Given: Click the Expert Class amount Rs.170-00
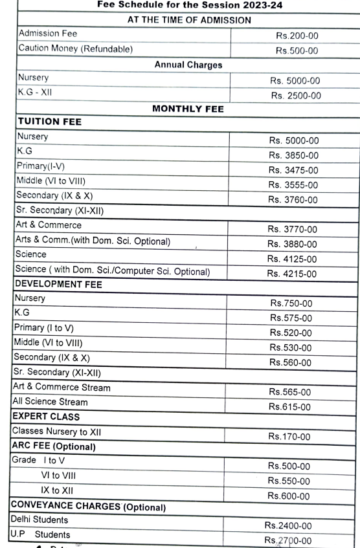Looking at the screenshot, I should click(293, 437).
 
